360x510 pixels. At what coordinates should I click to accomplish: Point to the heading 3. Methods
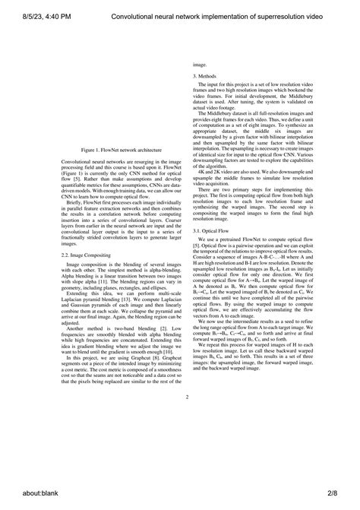tap(206, 77)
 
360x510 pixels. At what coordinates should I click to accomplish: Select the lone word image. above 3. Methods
tap(200, 66)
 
